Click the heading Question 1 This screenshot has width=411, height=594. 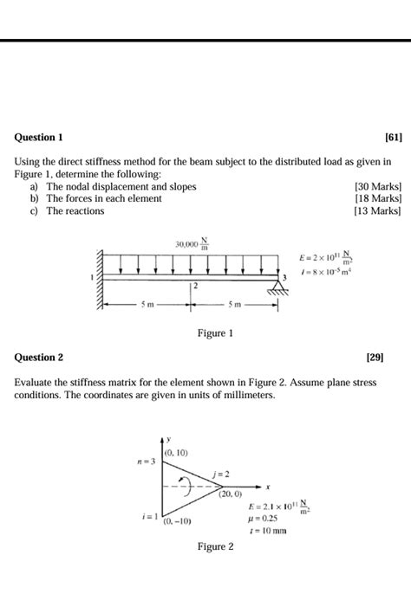[x=39, y=138]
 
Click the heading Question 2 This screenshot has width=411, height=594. [x=39, y=357]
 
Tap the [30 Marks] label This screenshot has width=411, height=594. [x=378, y=186]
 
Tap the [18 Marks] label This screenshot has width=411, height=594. [x=378, y=198]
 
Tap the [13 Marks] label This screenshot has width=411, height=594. [x=378, y=210]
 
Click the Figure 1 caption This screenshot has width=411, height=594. [x=215, y=333]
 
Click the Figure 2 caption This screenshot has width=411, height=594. [x=215, y=546]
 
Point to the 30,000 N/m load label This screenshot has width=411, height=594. [x=192, y=245]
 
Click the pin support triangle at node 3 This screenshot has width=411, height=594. [x=277, y=287]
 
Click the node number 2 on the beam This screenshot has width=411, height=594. [x=196, y=285]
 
